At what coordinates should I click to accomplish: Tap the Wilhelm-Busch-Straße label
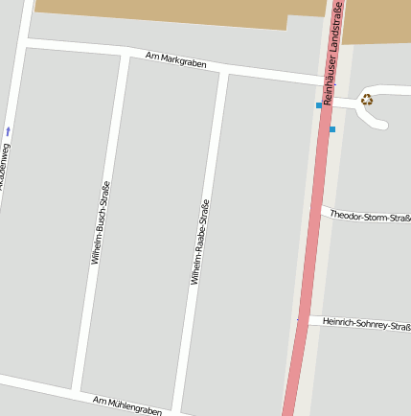(x=101, y=222)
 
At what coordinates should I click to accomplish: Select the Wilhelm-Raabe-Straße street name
(x=199, y=242)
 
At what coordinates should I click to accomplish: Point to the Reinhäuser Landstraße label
(x=332, y=54)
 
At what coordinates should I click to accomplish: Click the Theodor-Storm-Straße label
(x=369, y=217)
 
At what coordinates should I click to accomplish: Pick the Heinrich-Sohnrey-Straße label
(x=366, y=324)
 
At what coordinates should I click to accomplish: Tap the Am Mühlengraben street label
(x=127, y=404)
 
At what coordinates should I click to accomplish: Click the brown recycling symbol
(x=366, y=99)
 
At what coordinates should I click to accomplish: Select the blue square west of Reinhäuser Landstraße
(x=319, y=105)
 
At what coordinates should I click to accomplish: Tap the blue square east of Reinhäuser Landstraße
(x=332, y=128)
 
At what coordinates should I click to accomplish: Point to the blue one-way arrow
(x=9, y=129)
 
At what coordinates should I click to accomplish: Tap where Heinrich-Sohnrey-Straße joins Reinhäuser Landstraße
(x=300, y=319)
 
